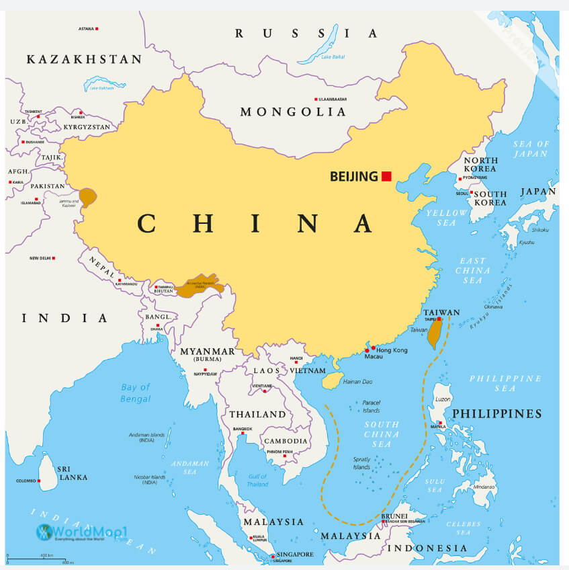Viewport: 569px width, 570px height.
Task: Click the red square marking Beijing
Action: pyautogui.click(x=386, y=176)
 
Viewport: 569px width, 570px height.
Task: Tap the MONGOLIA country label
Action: pyautogui.click(x=293, y=112)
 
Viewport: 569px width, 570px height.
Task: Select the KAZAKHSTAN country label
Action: pyautogui.click(x=84, y=60)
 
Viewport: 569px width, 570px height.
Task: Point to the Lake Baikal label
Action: pyautogui.click(x=333, y=56)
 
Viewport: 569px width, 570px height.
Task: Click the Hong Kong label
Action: pyautogui.click(x=392, y=350)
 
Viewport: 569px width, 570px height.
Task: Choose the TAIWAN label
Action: pyautogui.click(x=441, y=313)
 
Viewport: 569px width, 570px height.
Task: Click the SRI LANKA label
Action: pyautogui.click(x=68, y=472)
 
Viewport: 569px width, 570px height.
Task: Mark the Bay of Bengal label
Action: pyautogui.click(x=136, y=393)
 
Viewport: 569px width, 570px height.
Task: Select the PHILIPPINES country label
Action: pyautogui.click(x=496, y=413)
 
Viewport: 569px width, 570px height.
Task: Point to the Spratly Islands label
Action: pyautogui.click(x=361, y=463)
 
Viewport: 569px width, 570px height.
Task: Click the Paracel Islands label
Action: pyautogui.click(x=371, y=407)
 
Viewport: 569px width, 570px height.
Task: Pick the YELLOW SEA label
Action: pyautogui.click(x=445, y=218)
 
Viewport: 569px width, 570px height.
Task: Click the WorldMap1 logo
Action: pyautogui.click(x=81, y=532)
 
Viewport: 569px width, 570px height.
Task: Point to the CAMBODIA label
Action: pyautogui.click(x=286, y=441)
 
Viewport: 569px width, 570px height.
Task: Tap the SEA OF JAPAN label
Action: pyautogui.click(x=531, y=149)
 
